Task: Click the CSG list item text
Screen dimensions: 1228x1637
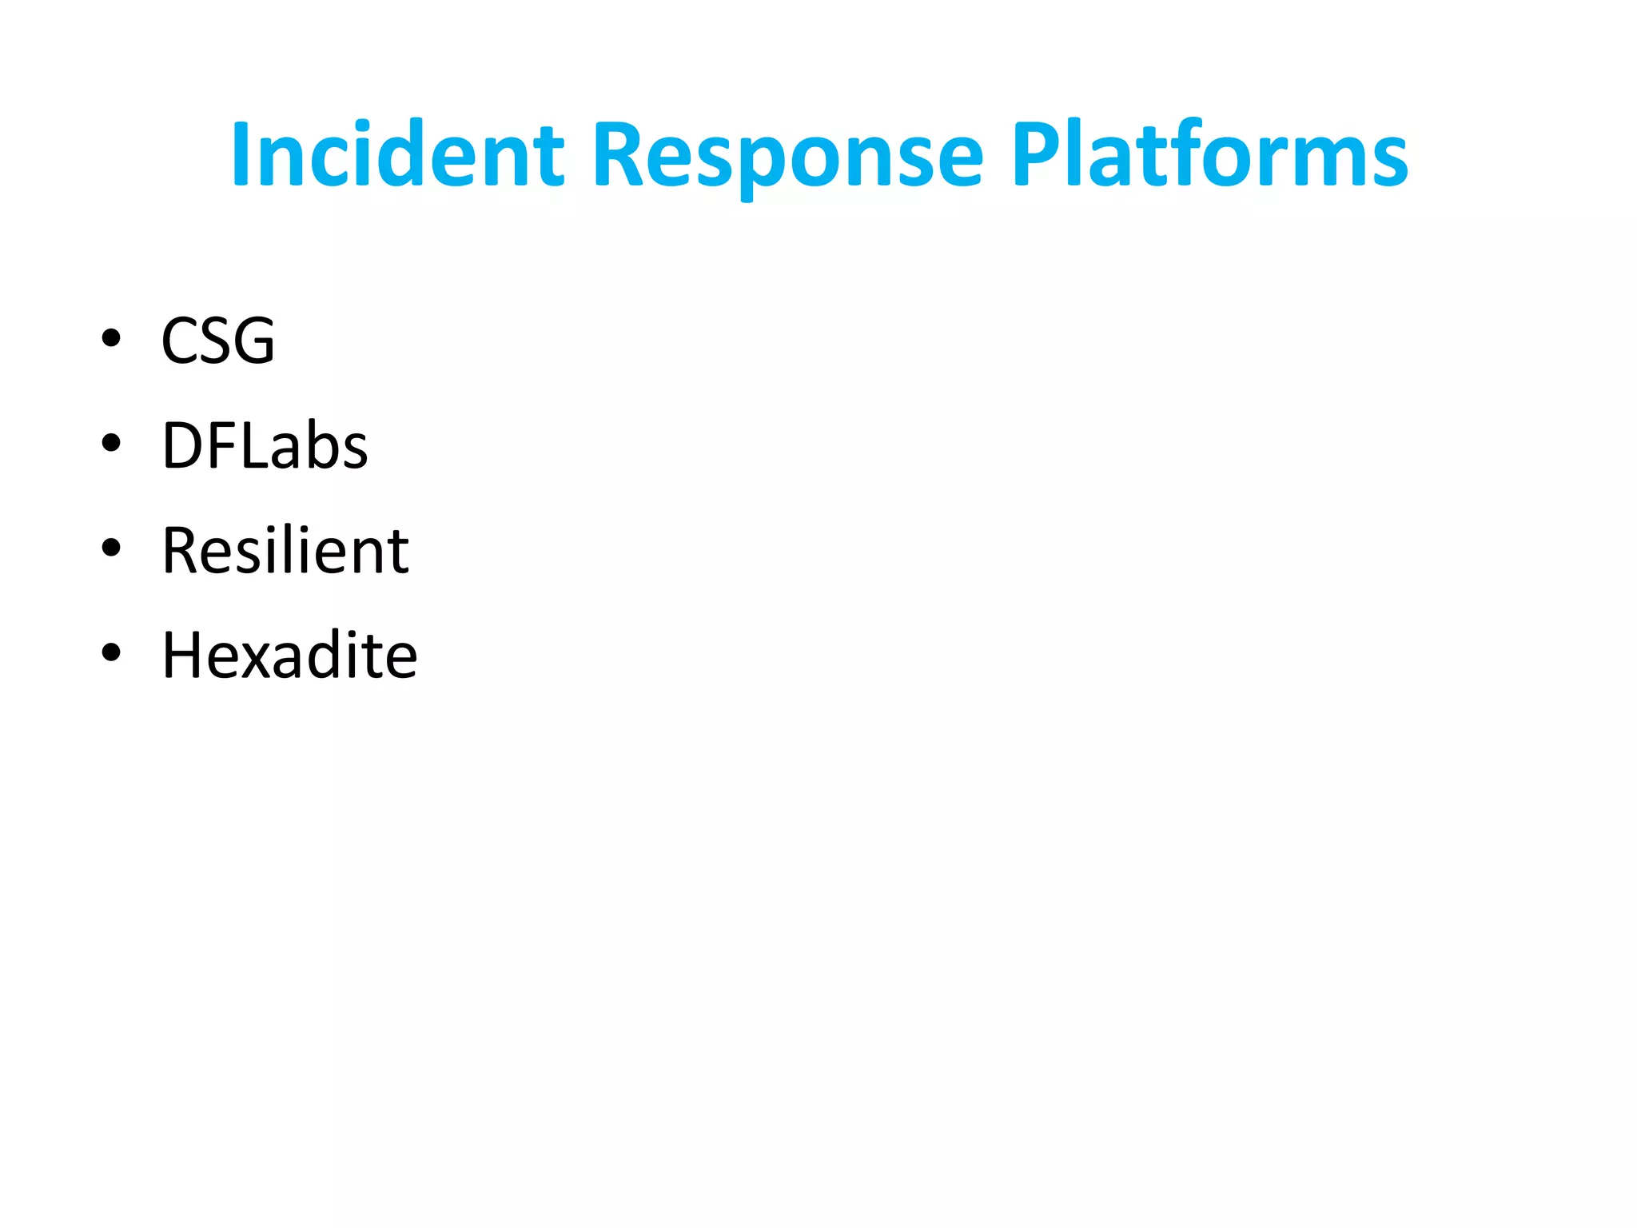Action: coord(218,341)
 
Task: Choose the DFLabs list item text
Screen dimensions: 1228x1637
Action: coord(265,445)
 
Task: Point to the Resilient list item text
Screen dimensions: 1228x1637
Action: coord(285,551)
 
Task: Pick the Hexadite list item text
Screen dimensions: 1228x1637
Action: coord(289,656)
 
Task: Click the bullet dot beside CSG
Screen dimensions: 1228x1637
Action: coord(111,338)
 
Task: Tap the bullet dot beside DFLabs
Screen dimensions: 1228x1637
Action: coord(111,443)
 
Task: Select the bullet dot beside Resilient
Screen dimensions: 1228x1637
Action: coord(111,548)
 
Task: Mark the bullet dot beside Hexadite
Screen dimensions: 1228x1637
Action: coord(111,653)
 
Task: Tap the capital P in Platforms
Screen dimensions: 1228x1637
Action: coord(1037,154)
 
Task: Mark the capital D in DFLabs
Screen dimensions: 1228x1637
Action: coord(181,445)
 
